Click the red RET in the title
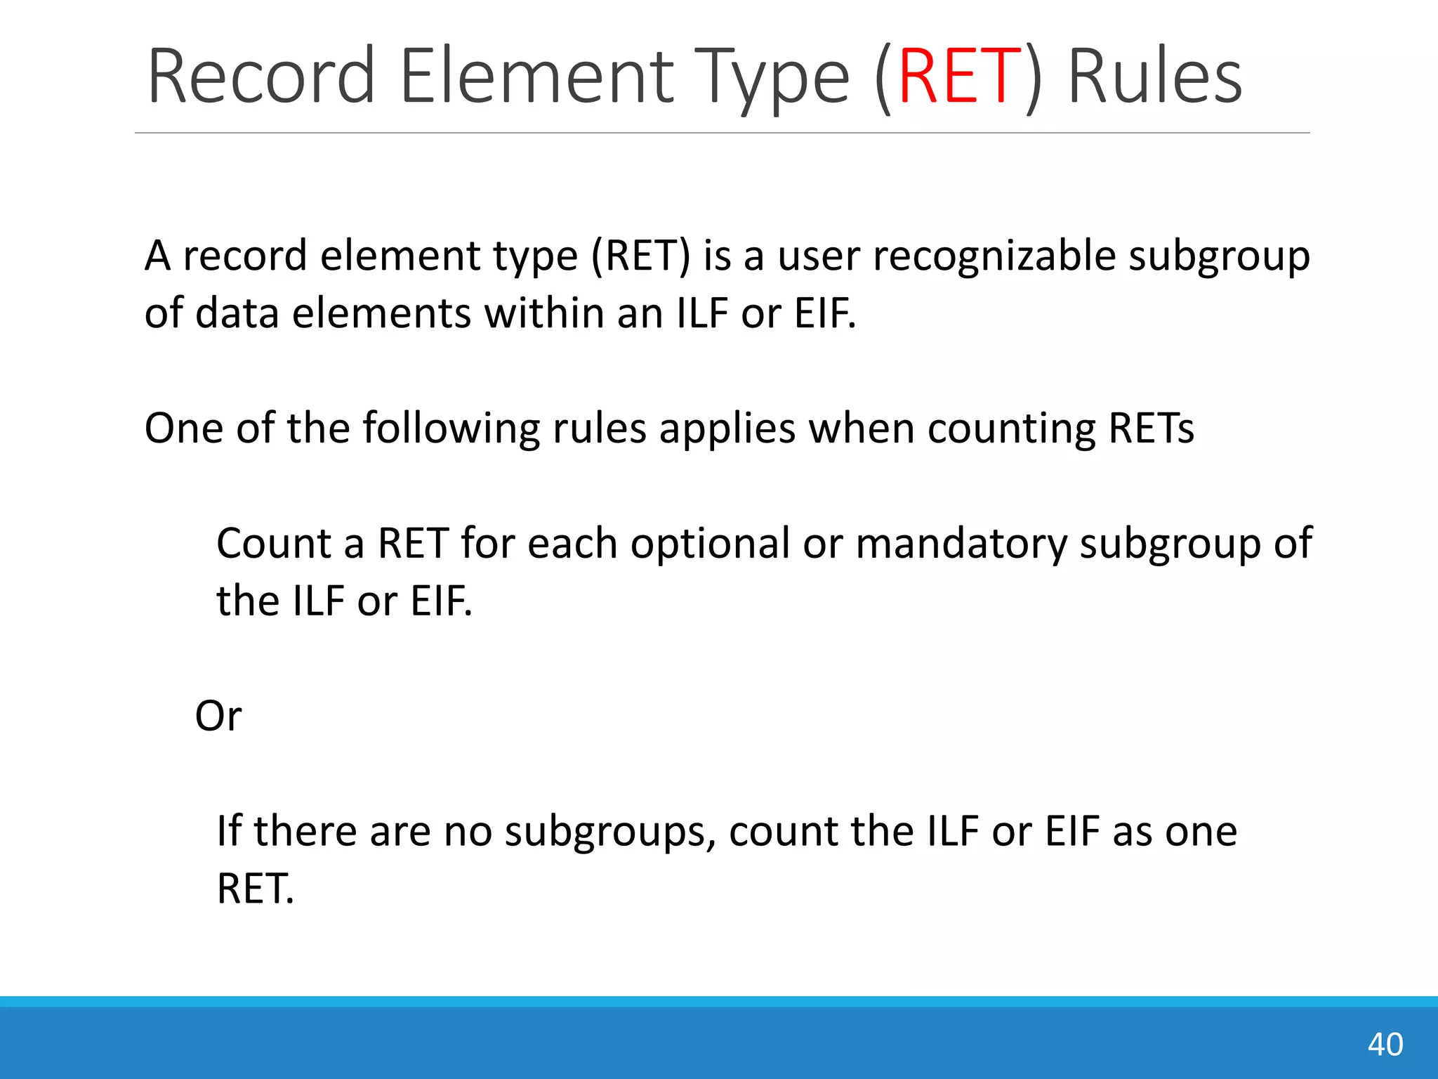pos(958,76)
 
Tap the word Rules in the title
pos(1154,76)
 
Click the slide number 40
pos(1385,1044)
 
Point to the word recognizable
pos(994,256)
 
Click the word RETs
pos(1151,428)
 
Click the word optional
pos(710,543)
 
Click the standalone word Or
pos(218,716)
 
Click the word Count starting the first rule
pos(273,543)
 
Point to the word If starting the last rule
pos(229,831)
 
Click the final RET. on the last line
pos(255,889)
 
